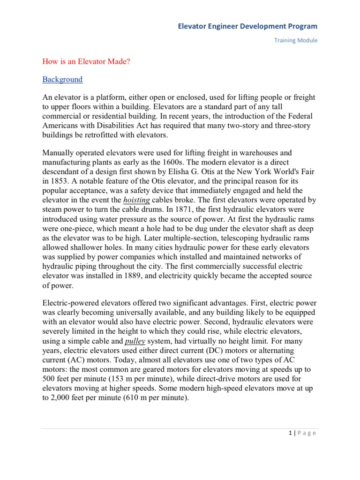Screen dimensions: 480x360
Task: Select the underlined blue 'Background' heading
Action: click(x=62, y=80)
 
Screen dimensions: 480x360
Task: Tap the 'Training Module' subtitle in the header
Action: click(x=296, y=40)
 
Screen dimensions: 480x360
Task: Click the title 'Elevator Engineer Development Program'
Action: click(x=247, y=26)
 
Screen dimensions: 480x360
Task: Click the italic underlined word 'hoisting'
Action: click(x=137, y=200)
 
